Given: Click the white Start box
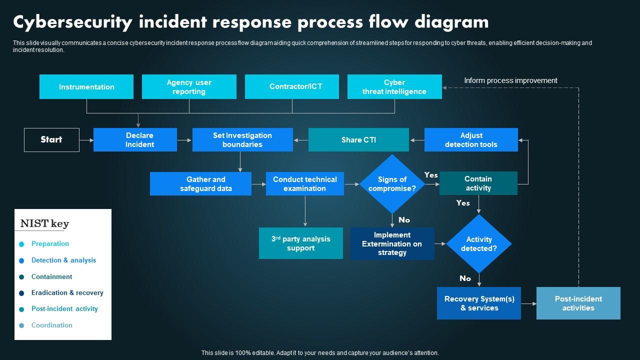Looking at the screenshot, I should point(51,140).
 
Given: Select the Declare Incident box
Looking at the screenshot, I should point(135,140).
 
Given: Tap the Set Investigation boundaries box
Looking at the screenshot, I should point(242,140).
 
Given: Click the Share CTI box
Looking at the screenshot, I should point(358,140).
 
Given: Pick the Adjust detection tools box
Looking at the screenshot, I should point(471,140).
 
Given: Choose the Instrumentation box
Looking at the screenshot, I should point(86,87).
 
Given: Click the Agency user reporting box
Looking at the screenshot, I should point(189,87).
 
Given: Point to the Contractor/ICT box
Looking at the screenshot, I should point(292,87).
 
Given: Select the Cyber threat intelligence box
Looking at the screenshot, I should point(394,87).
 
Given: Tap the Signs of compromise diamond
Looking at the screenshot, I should point(392,184).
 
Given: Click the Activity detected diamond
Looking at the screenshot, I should point(479,244).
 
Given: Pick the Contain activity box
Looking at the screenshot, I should point(478,183).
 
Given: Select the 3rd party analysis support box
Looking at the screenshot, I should point(301,243).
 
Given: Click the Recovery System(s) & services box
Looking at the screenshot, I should point(479,303).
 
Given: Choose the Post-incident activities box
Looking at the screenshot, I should point(578,303).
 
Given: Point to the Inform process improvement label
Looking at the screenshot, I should point(510,80).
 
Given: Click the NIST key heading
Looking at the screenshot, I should point(44,223).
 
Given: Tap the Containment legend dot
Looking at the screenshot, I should point(21,277).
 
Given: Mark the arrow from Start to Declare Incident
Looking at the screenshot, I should point(86,140).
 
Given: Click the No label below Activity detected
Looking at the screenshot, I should point(465,278).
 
